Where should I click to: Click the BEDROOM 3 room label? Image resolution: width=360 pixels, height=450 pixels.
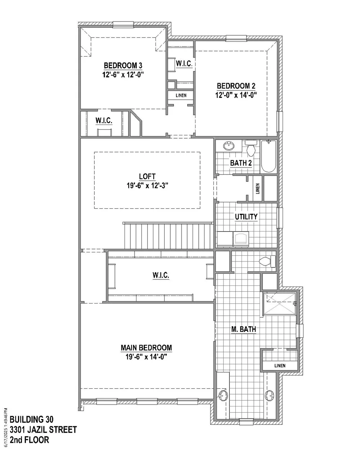123,66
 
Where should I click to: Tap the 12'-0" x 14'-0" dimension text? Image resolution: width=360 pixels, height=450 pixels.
236,95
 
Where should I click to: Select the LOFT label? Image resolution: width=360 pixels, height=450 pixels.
147,176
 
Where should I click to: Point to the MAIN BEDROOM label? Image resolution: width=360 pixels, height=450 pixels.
146,347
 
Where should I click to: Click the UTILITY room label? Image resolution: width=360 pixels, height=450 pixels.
246,217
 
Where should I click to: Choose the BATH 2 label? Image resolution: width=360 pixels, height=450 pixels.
241,163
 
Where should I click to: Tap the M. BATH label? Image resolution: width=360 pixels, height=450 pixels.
243,329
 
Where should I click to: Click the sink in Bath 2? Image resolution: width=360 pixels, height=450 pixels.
229,146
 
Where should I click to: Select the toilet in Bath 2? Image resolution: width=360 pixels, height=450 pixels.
251,148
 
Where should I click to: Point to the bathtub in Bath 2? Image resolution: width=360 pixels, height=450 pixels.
268,156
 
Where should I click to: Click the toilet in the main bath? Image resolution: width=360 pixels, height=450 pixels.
267,261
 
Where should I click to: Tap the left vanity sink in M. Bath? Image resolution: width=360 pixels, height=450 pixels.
222,395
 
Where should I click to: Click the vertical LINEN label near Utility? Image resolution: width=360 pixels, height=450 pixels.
257,189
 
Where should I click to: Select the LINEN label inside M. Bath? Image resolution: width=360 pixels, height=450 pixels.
280,365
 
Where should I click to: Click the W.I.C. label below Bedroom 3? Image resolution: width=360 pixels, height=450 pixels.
104,121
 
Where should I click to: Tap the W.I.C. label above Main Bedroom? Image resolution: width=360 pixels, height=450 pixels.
161,275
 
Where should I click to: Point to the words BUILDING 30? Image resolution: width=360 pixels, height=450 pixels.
32,419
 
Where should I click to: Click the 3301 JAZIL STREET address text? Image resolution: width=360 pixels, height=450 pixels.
43,430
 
